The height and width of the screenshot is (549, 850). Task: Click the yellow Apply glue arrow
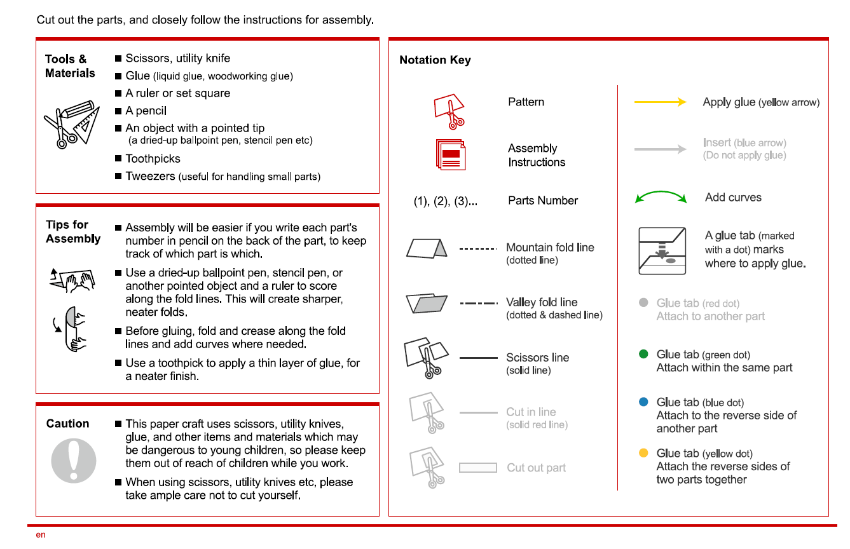tap(660, 102)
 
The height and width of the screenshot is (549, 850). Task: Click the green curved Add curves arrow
tap(661, 197)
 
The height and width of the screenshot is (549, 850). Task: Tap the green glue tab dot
tap(643, 354)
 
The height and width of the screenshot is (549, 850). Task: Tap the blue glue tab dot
tap(643, 402)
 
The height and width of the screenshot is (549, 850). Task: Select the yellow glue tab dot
tap(643, 453)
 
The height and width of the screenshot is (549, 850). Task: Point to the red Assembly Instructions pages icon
tap(451, 154)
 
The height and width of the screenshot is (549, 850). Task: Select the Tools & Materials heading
tap(70, 66)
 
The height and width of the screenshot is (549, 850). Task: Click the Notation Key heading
tap(435, 60)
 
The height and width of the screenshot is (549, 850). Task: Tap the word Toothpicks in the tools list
tap(153, 159)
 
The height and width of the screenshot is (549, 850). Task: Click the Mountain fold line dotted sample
tap(477, 248)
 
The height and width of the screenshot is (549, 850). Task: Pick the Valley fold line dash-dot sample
tap(477, 303)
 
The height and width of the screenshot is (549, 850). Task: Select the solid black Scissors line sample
tap(478, 358)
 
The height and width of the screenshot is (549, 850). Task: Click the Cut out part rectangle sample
tap(477, 468)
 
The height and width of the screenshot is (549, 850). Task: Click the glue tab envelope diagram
tap(662, 250)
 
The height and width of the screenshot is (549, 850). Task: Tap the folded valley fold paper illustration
tap(426, 303)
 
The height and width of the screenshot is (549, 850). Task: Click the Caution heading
tap(67, 424)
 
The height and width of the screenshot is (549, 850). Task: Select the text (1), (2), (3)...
tap(445, 201)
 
